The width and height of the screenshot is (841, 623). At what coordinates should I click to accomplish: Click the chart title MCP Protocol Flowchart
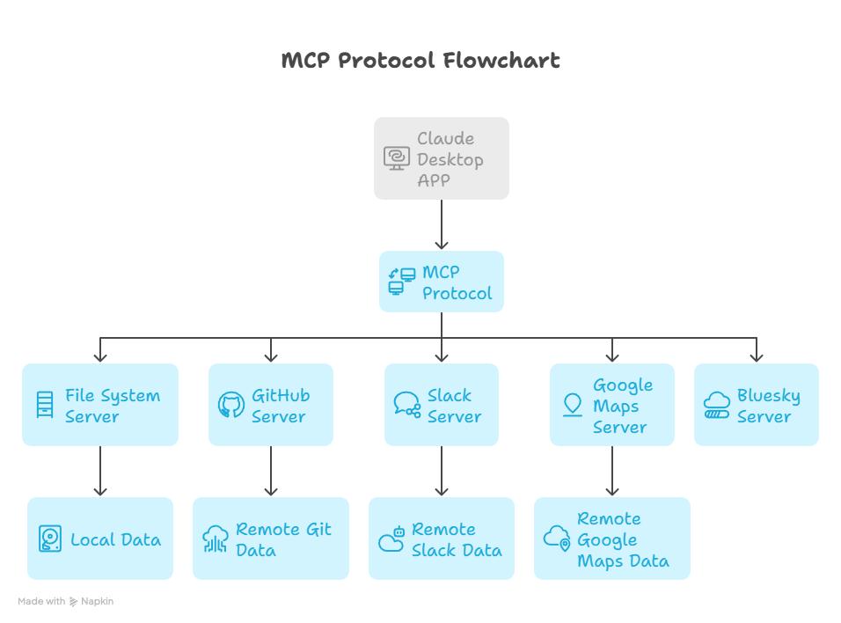[x=420, y=60]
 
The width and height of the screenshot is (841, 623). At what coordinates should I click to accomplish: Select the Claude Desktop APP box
[x=442, y=158]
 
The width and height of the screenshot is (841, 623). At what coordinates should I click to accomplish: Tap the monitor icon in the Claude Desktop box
[x=397, y=158]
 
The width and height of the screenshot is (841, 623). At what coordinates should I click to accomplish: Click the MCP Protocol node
[x=442, y=282]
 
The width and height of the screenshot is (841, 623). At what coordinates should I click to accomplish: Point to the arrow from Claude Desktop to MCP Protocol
[x=442, y=224]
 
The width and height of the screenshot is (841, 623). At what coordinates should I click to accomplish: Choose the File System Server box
[x=100, y=405]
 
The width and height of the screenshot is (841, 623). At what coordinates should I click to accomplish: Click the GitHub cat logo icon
[x=231, y=405]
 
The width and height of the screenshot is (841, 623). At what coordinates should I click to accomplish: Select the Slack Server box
[x=442, y=405]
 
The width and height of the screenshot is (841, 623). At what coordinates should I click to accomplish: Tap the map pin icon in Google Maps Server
[x=573, y=405]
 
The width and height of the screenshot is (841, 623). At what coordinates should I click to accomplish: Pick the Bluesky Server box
[x=757, y=405]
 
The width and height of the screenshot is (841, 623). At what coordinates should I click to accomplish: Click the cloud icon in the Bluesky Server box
[x=717, y=405]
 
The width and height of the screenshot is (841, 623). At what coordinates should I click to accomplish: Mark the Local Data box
[x=100, y=539]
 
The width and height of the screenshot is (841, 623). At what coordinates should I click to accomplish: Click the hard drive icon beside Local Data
[x=50, y=539]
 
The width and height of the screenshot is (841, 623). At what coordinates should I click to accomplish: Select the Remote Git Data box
[x=271, y=539]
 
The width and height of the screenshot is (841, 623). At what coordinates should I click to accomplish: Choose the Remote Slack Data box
[x=442, y=539]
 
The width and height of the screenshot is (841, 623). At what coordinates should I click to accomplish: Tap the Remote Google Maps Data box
[x=612, y=539]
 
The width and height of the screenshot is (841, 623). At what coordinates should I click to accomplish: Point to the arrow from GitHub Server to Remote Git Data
[x=271, y=471]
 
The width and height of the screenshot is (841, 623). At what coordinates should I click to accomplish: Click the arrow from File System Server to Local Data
[x=100, y=471]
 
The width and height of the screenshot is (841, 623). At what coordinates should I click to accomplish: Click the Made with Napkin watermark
[x=65, y=601]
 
